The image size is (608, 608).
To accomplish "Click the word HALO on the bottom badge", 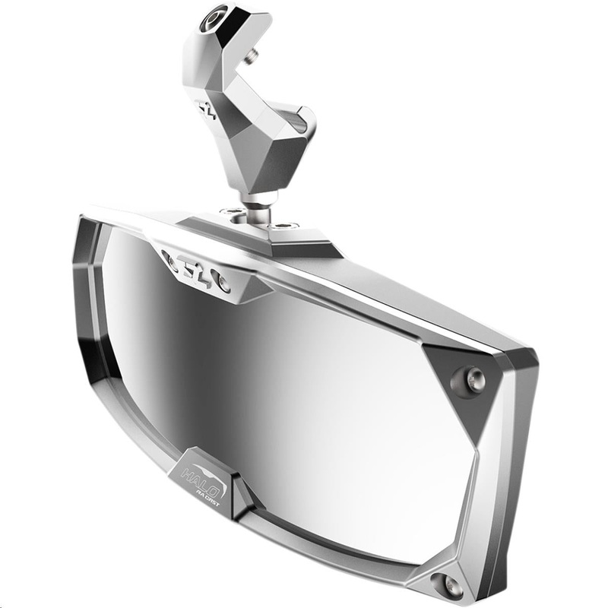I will pos(198,477).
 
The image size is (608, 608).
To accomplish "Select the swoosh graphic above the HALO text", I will pos(197,464).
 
